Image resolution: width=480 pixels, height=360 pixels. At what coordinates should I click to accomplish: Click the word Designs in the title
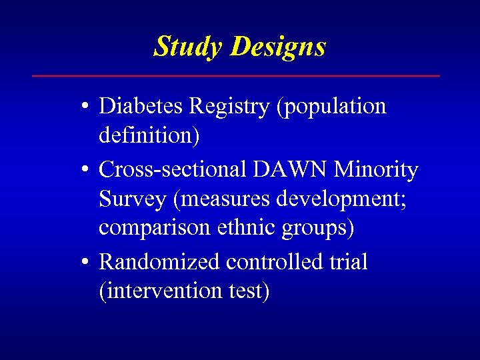[279, 47]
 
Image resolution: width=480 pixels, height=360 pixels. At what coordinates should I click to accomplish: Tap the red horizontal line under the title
[236, 76]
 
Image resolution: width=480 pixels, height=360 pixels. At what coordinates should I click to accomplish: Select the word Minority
[377, 171]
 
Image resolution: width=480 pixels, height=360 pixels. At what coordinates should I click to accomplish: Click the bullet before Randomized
[87, 262]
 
